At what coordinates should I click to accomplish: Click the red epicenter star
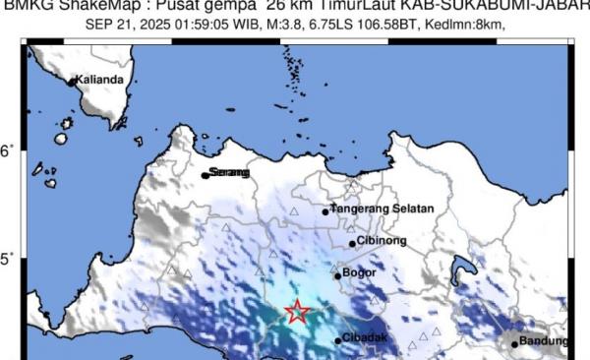tap(297, 313)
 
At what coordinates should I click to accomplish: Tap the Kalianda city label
tap(103, 80)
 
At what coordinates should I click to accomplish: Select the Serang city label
tap(230, 173)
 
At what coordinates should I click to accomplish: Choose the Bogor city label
tap(360, 272)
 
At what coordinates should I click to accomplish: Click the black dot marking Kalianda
tap(72, 82)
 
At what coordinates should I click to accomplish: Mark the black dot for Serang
tap(206, 175)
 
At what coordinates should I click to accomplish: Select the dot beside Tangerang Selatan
tap(325, 211)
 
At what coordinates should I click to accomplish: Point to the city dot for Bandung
tap(514, 343)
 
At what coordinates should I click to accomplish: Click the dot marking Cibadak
tap(339, 340)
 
